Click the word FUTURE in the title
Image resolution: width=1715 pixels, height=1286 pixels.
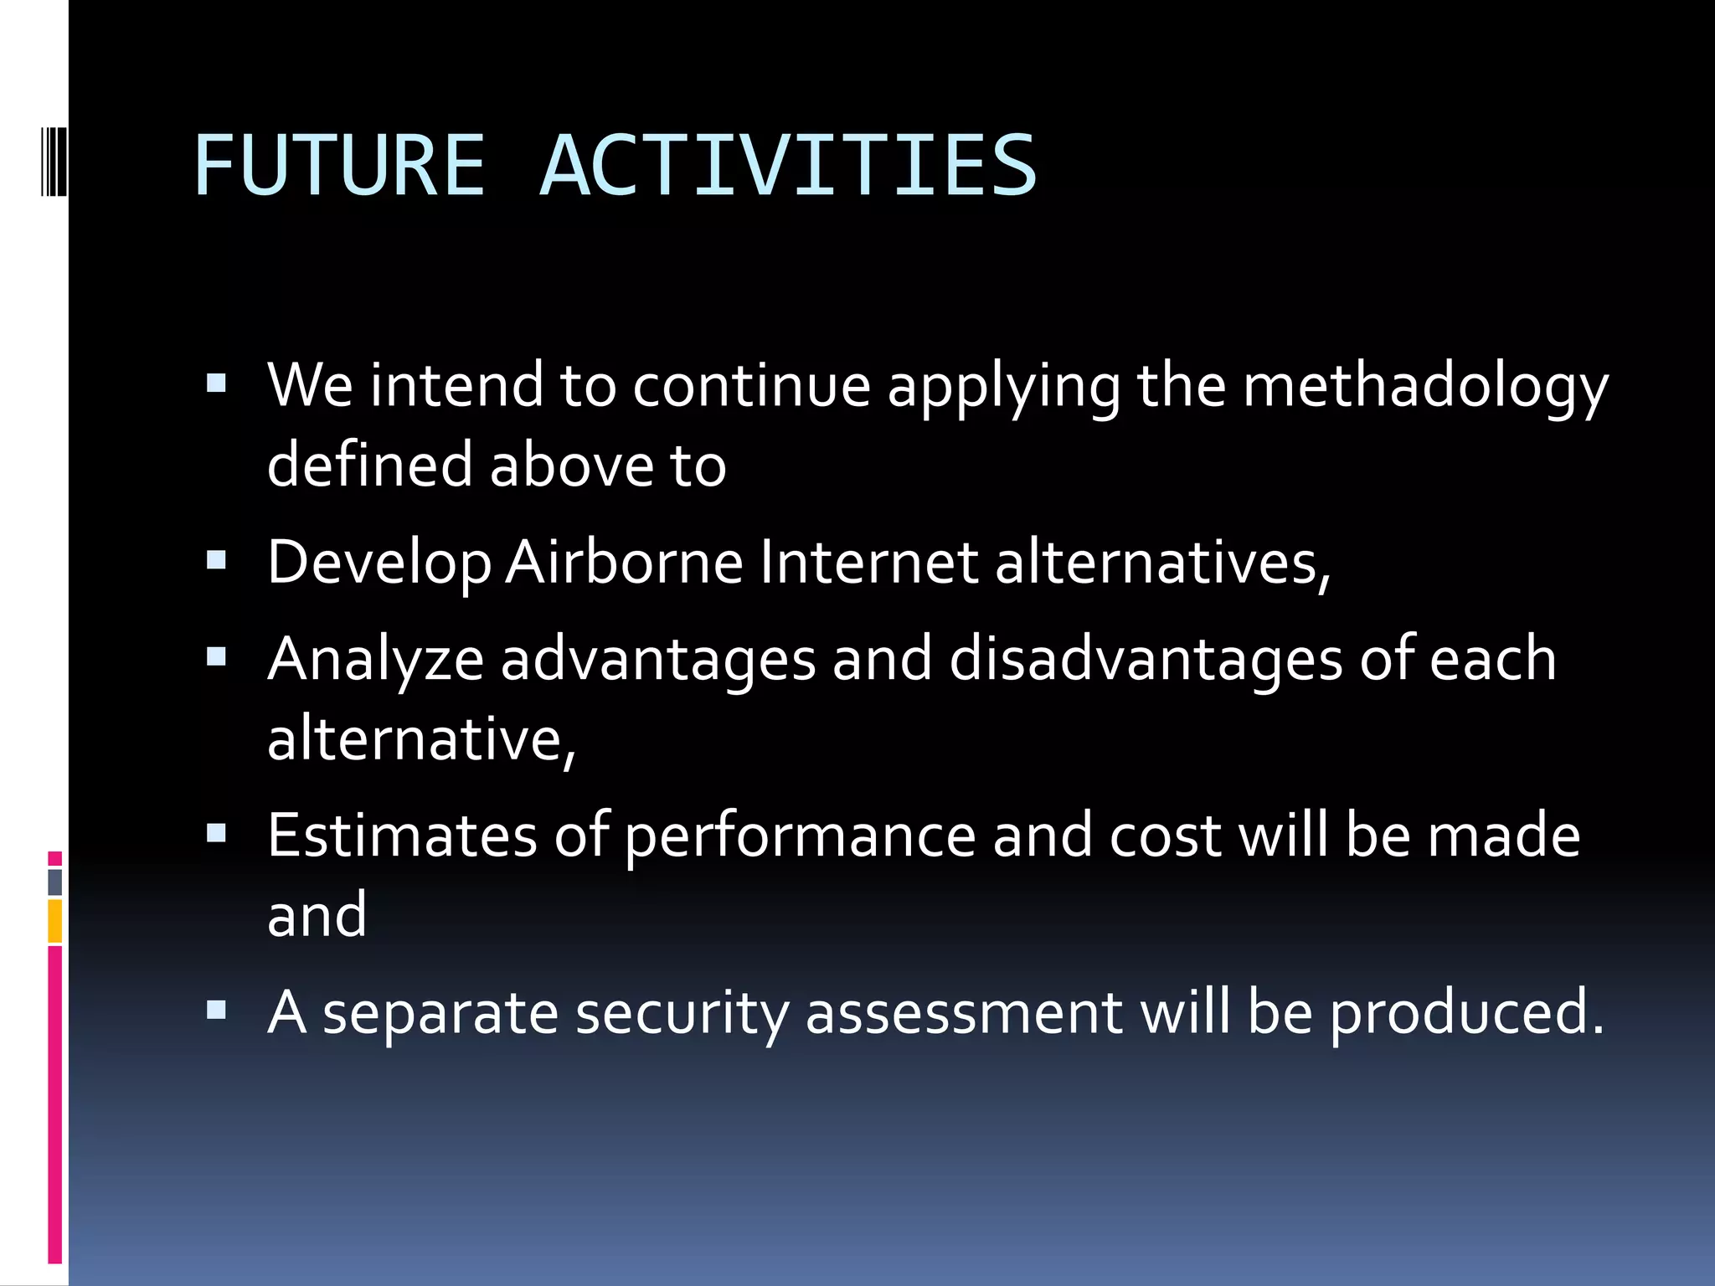(339, 166)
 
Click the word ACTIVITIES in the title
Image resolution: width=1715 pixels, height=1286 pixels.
(787, 166)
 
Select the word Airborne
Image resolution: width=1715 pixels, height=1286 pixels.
(624, 562)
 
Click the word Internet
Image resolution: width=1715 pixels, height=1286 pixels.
(868, 562)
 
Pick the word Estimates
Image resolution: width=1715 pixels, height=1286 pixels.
(402, 836)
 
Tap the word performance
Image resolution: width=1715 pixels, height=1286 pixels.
(800, 837)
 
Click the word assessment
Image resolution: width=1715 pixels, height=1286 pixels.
(963, 1013)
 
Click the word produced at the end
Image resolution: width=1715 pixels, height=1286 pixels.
(1465, 1013)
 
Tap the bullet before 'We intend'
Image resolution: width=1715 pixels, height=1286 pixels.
(216, 384)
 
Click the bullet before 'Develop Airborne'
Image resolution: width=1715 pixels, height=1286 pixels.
(216, 560)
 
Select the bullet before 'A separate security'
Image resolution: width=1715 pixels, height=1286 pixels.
(216, 1011)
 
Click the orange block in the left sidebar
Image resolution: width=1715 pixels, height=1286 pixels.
(54, 921)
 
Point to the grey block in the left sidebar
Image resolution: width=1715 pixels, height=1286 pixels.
(54, 882)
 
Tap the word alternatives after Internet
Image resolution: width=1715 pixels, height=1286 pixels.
(1161, 562)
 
